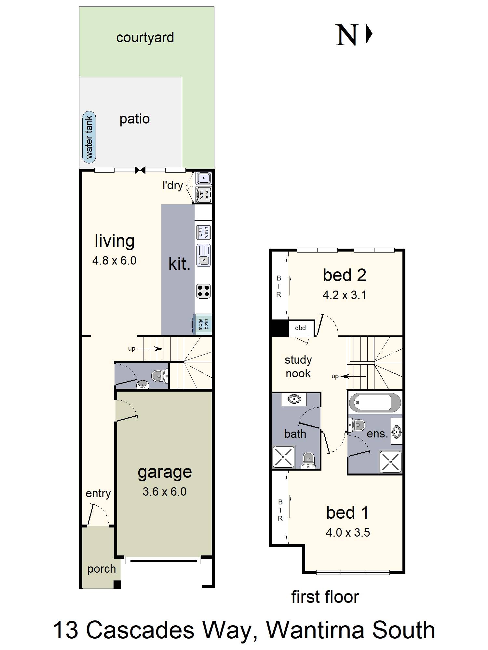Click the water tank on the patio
click(89, 137)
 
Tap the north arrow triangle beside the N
click(368, 34)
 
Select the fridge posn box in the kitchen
click(203, 324)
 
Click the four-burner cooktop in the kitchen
click(203, 291)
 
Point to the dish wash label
click(203, 232)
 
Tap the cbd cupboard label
click(300, 328)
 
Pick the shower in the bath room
click(283, 457)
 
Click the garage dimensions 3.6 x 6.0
click(164, 491)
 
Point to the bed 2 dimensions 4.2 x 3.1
click(344, 295)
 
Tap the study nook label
click(298, 367)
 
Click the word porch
click(102, 569)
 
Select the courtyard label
click(145, 38)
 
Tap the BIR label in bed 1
click(280, 510)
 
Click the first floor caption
click(325, 597)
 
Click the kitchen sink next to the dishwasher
click(203, 255)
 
